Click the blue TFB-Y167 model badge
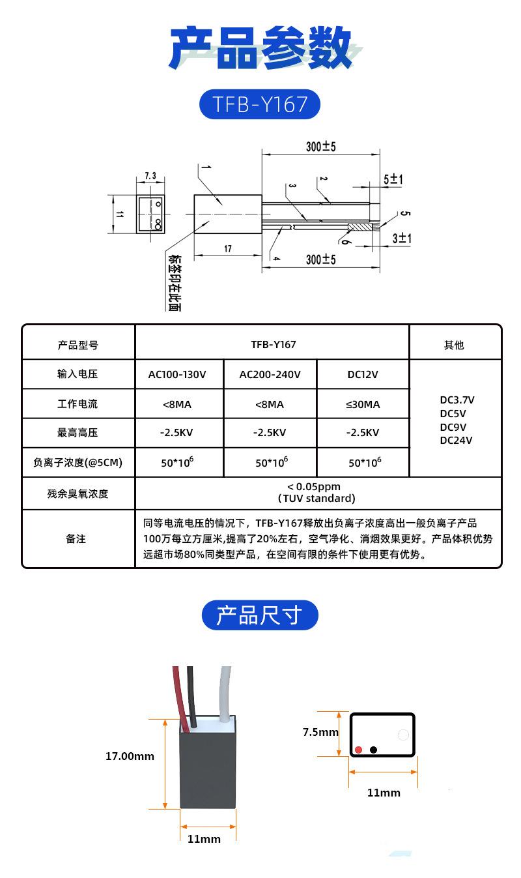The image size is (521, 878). point(260,104)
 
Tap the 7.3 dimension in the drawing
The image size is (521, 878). point(150,175)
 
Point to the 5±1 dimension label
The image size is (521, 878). point(393,179)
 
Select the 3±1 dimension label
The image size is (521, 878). point(402,238)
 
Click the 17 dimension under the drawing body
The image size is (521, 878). point(227,248)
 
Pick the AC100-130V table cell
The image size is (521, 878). point(177,374)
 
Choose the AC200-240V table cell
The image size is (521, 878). point(270,374)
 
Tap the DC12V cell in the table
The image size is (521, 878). point(363,374)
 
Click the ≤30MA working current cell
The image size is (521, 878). point(363,404)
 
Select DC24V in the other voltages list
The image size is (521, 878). point(456,440)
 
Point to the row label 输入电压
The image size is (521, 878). point(77,374)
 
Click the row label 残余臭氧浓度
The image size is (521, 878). point(77,493)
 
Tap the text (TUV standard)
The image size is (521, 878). point(317,498)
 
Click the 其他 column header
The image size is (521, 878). point(454,345)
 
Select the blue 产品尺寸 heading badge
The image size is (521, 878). point(260,615)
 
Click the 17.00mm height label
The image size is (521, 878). point(130,756)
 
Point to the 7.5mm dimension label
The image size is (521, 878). point(320,732)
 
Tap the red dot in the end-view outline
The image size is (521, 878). point(358,750)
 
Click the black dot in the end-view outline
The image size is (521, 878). point(373,750)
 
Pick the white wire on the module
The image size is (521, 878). point(225,694)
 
